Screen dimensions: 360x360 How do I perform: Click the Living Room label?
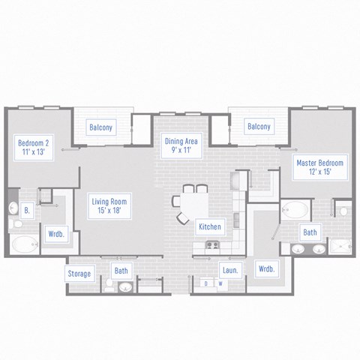pos(109,205)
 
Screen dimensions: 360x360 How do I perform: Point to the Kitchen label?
pos(208,226)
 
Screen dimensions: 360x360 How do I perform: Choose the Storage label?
pos(79,274)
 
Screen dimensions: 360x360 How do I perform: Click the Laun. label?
pos(229,269)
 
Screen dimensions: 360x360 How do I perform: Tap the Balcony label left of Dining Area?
pos(101,127)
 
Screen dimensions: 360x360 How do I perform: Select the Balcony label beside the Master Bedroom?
pos(259,127)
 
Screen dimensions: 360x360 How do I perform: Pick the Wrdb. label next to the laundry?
pos(265,268)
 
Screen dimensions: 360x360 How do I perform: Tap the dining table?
pos(190,205)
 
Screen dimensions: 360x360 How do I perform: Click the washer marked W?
pos(220,284)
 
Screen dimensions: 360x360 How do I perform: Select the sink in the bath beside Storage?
pos(125,286)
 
